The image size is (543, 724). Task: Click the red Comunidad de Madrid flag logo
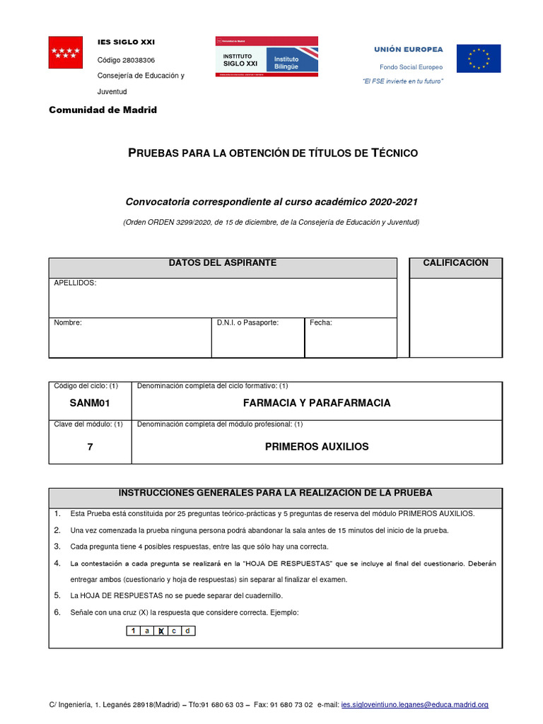click(x=66, y=52)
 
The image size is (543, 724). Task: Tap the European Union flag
click(x=478, y=59)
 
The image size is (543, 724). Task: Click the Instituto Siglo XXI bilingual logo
click(x=267, y=57)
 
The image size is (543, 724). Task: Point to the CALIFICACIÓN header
click(x=455, y=263)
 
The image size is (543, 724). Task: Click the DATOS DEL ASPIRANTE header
click(x=222, y=263)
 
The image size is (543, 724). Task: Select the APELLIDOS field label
click(x=75, y=283)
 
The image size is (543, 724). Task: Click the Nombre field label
click(x=68, y=322)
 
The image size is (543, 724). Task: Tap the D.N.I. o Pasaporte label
click(x=247, y=322)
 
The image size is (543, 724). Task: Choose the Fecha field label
click(x=321, y=322)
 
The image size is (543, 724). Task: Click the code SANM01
click(x=90, y=403)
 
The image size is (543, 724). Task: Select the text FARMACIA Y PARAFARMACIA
click(x=316, y=403)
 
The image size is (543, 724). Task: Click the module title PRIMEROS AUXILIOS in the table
click(x=316, y=447)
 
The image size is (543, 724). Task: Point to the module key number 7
click(x=90, y=447)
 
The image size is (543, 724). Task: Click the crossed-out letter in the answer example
click(x=160, y=631)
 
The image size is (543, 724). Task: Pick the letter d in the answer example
click(x=187, y=631)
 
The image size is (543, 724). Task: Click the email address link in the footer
click(x=414, y=705)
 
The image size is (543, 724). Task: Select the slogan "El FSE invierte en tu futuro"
click(x=403, y=81)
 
